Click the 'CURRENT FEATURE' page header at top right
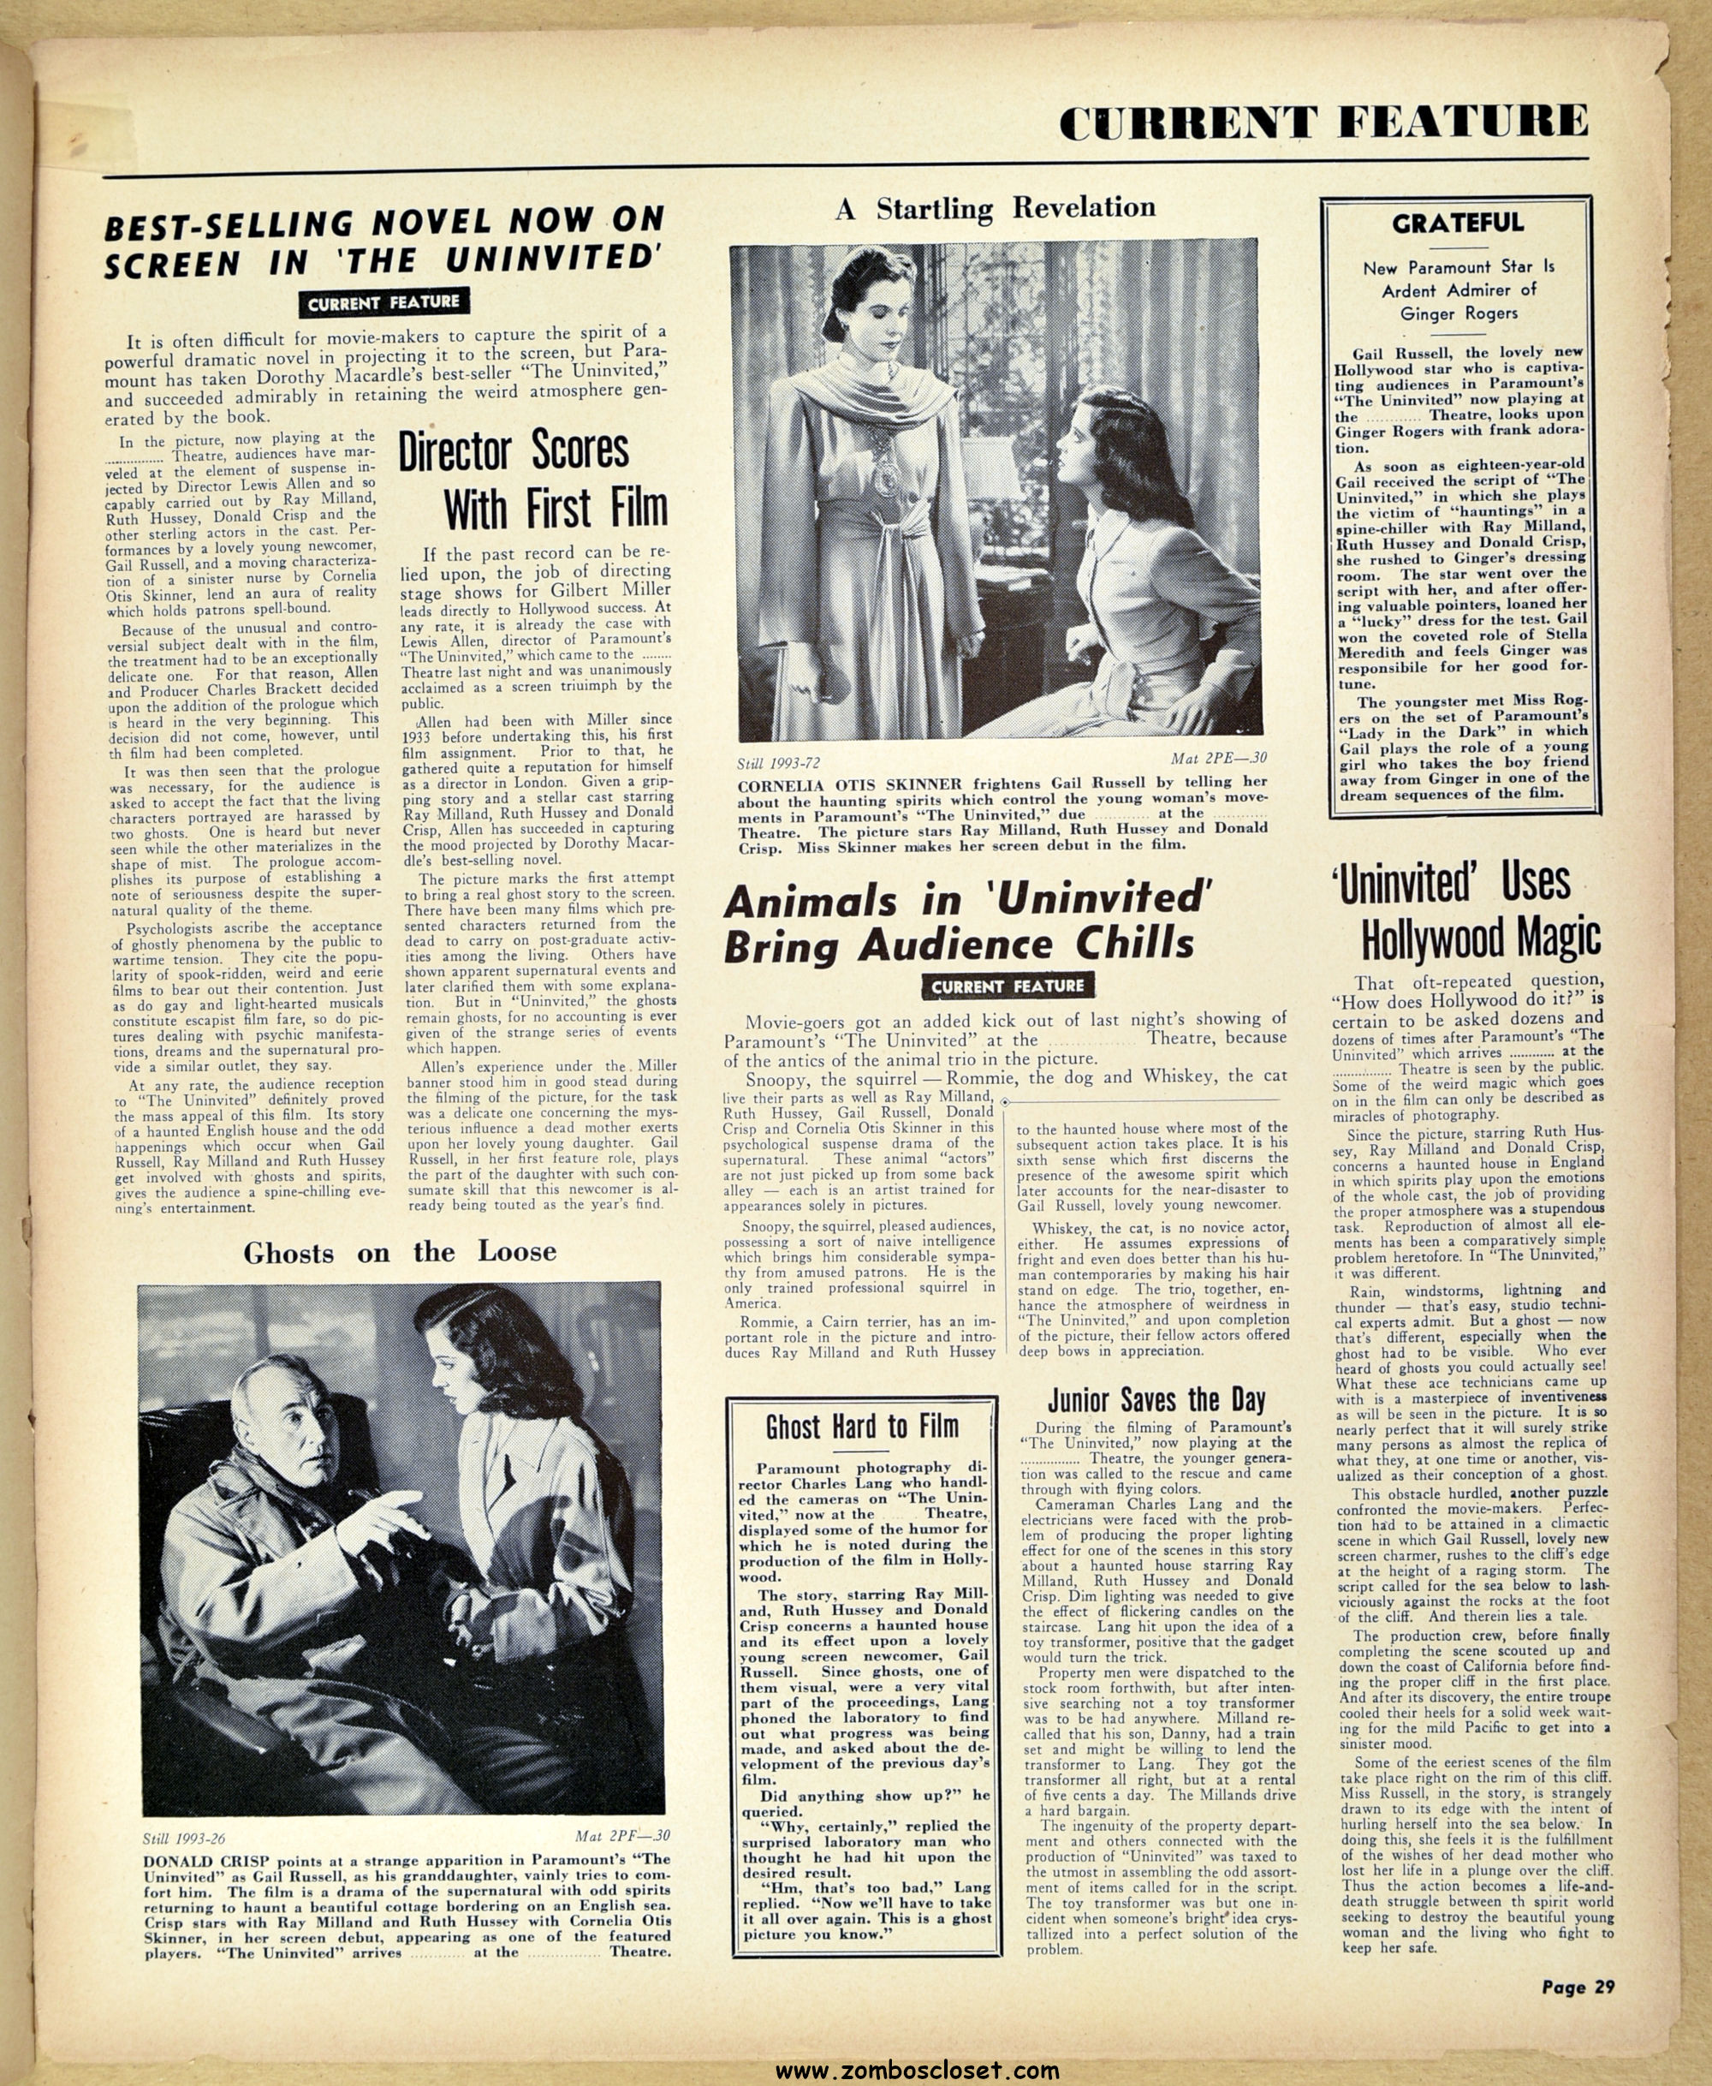point(1323,122)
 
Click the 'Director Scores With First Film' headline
point(532,480)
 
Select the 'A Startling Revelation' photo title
point(995,208)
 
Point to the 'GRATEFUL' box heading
point(1458,223)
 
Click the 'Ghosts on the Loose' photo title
point(400,1253)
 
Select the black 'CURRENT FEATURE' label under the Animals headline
point(1007,986)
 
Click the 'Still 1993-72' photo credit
point(778,763)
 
